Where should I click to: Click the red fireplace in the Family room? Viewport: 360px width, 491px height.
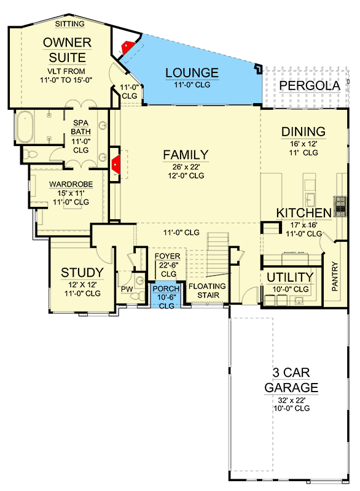click(x=115, y=163)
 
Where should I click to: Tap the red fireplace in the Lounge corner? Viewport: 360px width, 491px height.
click(x=128, y=47)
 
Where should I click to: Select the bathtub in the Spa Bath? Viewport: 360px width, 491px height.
click(x=27, y=127)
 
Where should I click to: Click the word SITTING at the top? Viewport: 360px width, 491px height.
click(x=71, y=23)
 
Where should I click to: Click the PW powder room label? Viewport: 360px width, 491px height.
click(x=128, y=289)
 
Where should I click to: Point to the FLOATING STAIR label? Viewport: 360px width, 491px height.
click(x=206, y=290)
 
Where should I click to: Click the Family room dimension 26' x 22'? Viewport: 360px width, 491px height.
click(x=186, y=166)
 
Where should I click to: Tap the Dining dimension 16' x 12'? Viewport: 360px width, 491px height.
click(x=302, y=143)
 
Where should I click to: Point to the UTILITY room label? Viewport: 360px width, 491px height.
click(x=289, y=277)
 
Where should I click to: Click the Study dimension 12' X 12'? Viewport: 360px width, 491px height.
click(x=81, y=284)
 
